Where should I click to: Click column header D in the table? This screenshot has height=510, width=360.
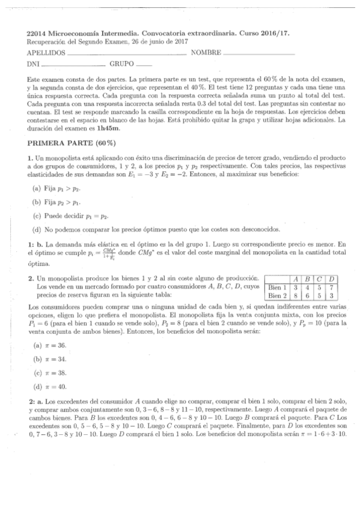(332, 279)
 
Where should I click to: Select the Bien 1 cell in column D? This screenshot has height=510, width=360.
(332, 287)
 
